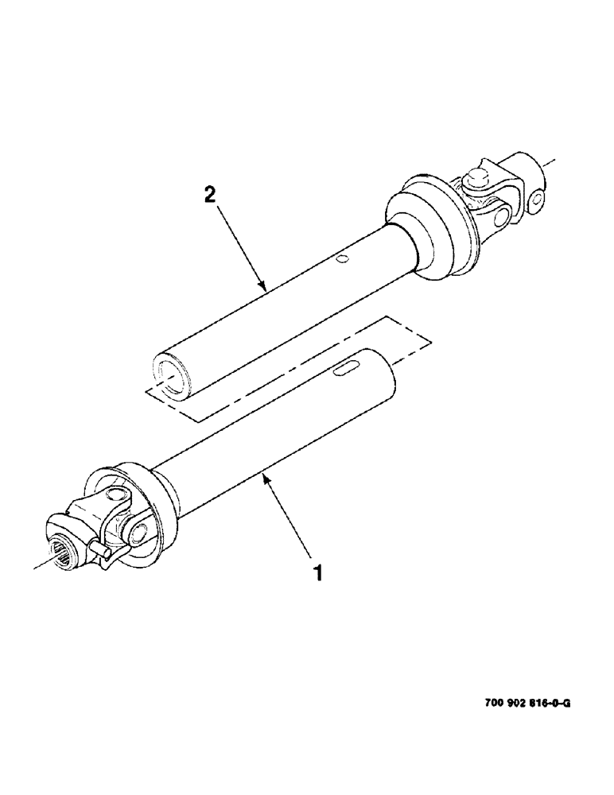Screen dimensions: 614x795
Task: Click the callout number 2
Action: point(209,194)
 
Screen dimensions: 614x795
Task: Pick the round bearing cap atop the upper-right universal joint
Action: point(480,175)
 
